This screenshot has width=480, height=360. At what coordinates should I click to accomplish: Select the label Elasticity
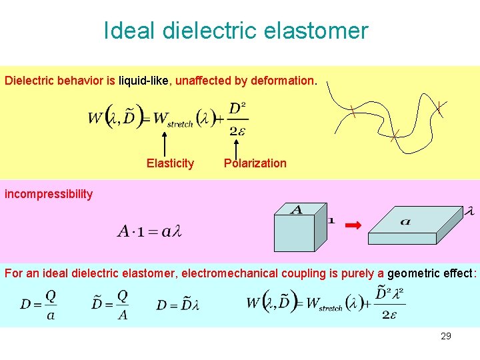click(x=170, y=163)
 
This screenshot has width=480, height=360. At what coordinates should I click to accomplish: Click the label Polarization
click(x=255, y=163)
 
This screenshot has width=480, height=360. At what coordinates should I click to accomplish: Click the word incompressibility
click(x=49, y=194)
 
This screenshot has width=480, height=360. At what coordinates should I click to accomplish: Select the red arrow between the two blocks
click(x=353, y=225)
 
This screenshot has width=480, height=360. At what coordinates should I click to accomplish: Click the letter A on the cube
click(x=297, y=210)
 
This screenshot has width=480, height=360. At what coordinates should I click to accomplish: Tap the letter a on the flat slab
click(x=405, y=221)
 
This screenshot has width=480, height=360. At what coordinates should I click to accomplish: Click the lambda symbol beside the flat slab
click(x=469, y=212)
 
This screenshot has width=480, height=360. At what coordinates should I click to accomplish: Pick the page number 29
click(x=445, y=336)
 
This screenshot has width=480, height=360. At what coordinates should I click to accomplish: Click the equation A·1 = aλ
click(x=149, y=231)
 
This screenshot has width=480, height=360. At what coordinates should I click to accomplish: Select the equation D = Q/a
click(x=38, y=304)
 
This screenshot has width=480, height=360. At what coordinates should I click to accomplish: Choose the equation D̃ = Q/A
click(x=109, y=304)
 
